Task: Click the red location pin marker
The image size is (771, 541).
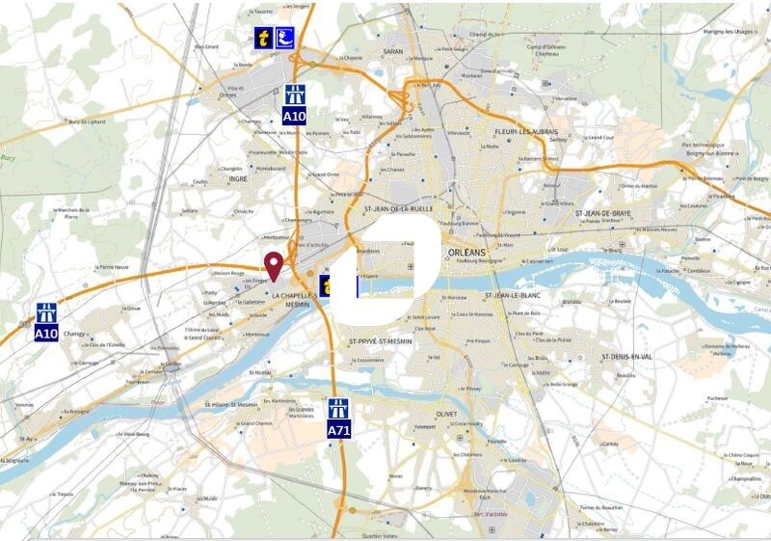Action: point(274,266)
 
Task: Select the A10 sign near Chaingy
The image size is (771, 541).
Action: point(46,322)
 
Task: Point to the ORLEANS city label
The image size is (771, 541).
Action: point(469,253)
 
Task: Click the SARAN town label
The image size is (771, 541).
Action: point(393,51)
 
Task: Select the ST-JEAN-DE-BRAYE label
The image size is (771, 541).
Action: point(602,213)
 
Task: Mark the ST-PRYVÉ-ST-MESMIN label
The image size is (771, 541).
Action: point(382,341)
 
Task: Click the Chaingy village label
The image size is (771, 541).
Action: point(74,335)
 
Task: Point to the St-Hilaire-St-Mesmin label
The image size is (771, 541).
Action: point(232,404)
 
